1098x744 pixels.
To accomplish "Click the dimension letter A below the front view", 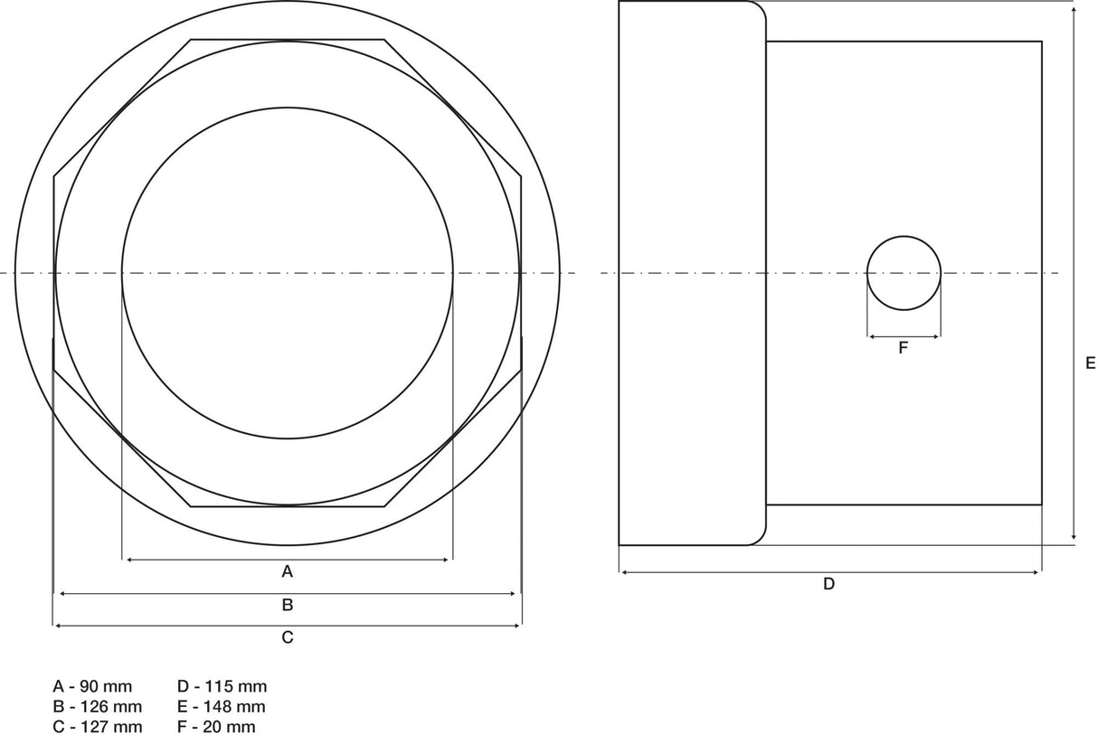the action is click(x=288, y=571).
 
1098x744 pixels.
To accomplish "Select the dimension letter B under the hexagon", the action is click(x=288, y=605).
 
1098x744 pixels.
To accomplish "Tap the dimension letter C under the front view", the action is click(x=288, y=637).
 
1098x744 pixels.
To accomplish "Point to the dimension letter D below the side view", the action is click(x=828, y=584).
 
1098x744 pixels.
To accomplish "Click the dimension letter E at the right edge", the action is click(x=1090, y=363).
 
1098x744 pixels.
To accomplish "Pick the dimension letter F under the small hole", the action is click(x=904, y=348).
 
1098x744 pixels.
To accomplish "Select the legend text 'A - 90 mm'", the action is click(x=92, y=687).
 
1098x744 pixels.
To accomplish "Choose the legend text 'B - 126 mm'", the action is click(x=98, y=707).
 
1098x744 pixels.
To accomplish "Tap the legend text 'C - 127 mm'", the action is click(x=98, y=727).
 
